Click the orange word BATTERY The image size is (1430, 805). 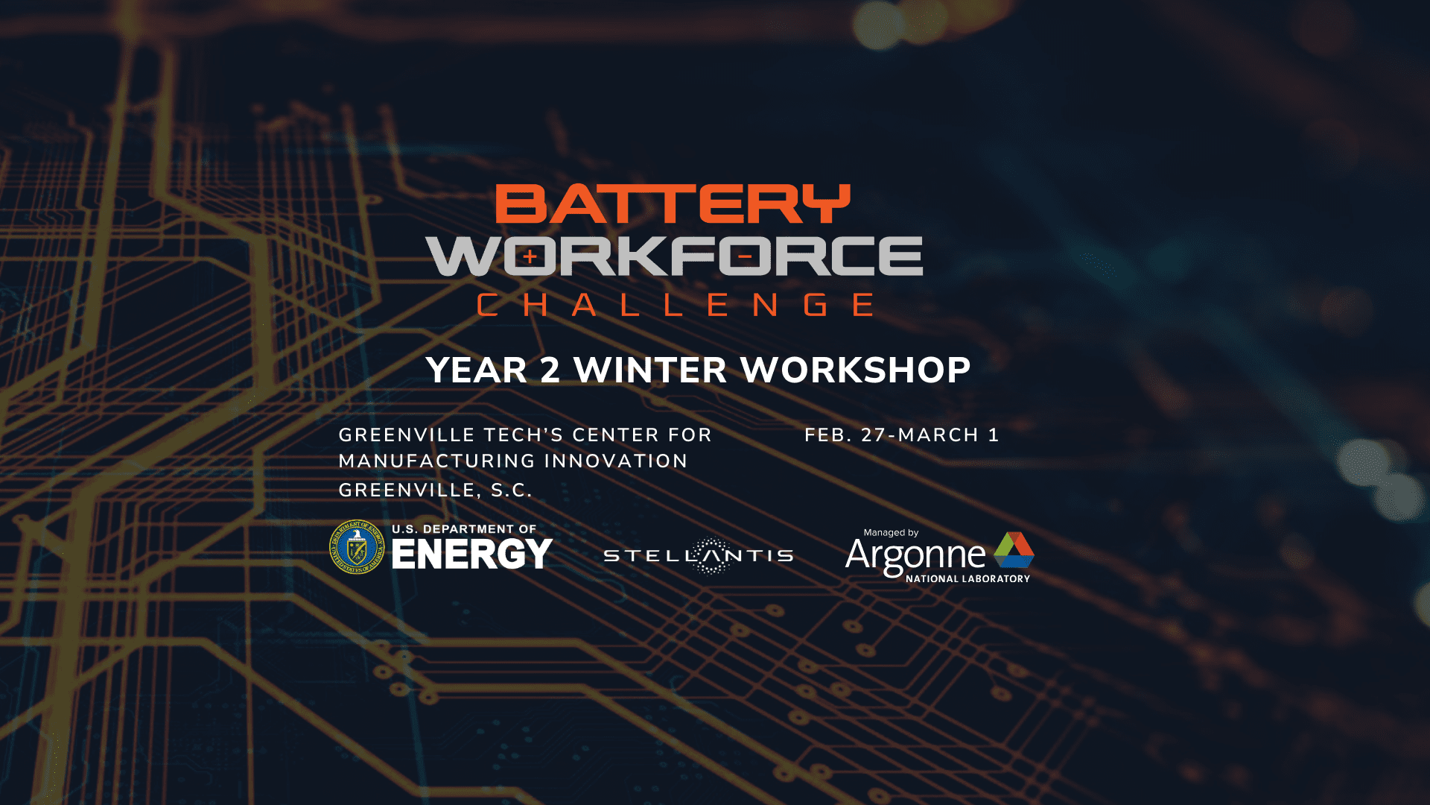coord(673,204)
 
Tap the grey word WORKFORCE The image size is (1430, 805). coord(674,256)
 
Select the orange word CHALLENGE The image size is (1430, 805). coord(675,305)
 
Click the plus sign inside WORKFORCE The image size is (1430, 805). coord(530,257)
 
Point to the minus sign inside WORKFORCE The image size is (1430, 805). coord(745,257)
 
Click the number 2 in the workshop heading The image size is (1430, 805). coord(550,370)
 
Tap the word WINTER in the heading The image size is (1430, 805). coord(650,370)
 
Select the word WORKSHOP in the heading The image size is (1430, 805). coord(856,370)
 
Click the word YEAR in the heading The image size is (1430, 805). coord(477,370)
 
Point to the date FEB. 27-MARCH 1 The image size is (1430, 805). coord(902,435)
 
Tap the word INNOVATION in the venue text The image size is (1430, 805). coord(616,461)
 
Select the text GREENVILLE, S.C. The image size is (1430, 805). coord(436,490)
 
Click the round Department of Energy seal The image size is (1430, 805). coord(357,547)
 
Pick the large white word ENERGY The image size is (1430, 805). coord(472,554)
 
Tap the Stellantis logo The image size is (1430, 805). coord(699,556)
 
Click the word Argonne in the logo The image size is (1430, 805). coord(915,555)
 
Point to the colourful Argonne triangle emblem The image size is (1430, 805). coord(1014,550)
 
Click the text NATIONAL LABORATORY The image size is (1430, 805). coord(968,579)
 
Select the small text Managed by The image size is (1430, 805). coord(891,533)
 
